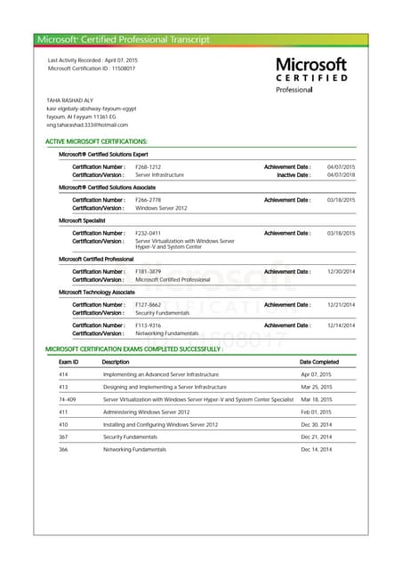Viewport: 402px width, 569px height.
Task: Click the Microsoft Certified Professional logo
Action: [x=310, y=76]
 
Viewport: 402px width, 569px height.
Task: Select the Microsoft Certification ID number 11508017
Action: [x=121, y=68]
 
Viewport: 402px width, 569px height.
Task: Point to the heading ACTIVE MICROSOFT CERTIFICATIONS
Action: [x=96, y=142]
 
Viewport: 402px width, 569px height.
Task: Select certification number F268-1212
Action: [x=148, y=166]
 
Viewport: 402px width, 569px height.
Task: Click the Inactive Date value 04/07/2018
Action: [x=341, y=175]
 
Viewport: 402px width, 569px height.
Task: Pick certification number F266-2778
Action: [x=148, y=200]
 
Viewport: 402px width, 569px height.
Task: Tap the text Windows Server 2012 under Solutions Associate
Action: [x=161, y=208]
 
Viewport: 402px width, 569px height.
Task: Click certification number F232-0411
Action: [x=148, y=233]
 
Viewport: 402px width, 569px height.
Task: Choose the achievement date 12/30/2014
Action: [x=341, y=271]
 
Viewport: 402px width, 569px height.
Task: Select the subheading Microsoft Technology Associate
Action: [x=96, y=292]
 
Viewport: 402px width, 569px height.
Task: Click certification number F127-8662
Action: [x=148, y=305]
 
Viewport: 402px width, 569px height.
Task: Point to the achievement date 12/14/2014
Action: [x=341, y=325]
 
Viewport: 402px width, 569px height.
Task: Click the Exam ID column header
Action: [x=68, y=362]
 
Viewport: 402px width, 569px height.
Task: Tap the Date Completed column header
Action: [x=319, y=362]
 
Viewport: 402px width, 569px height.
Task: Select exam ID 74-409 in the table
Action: [x=67, y=400]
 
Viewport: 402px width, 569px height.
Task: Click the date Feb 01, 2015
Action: [x=316, y=413]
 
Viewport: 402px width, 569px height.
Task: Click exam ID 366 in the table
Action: [x=63, y=450]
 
